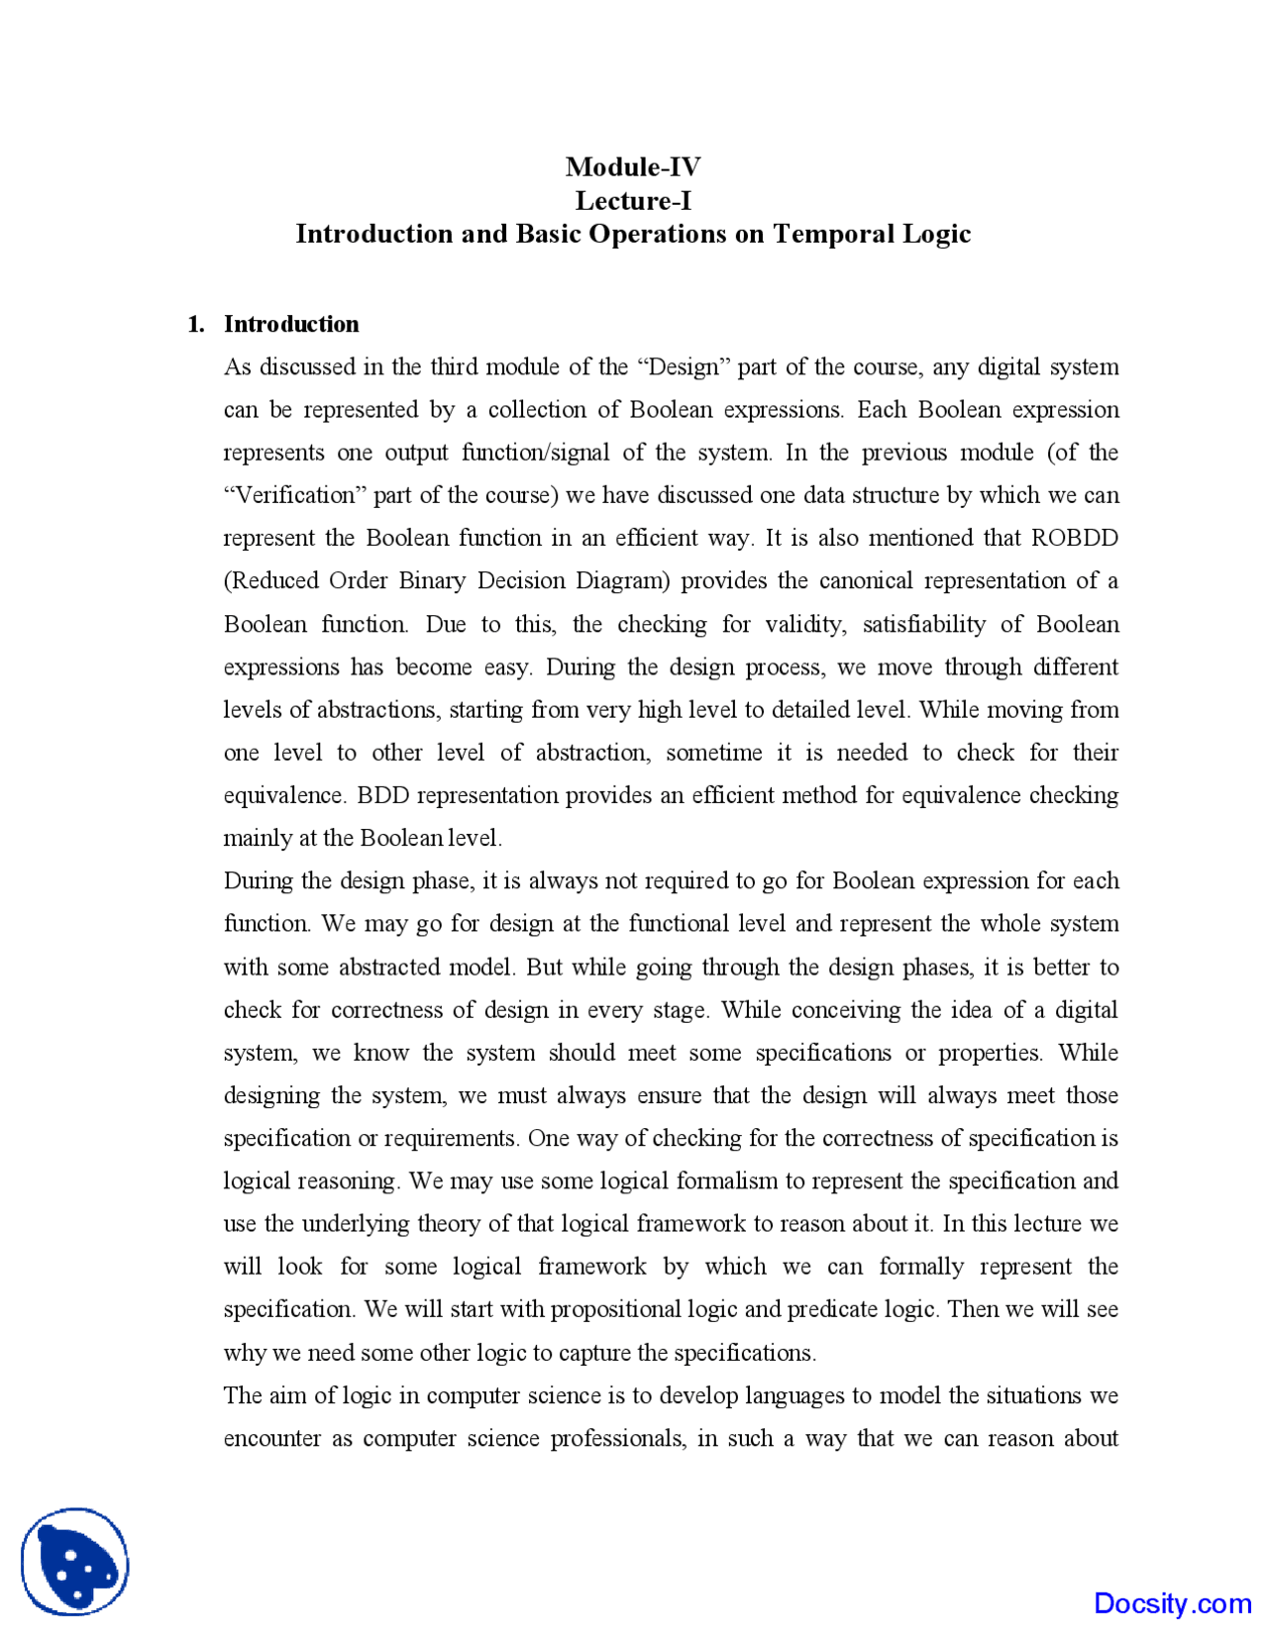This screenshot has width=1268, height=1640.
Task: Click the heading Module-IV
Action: coord(633,166)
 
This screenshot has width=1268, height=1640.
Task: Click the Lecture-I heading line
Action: coord(633,201)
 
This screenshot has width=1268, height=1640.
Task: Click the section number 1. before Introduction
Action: coord(196,324)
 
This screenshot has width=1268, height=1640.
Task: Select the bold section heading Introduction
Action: coord(291,324)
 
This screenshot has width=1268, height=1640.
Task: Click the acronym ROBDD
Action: coord(1074,538)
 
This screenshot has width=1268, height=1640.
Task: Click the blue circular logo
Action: coord(75,1562)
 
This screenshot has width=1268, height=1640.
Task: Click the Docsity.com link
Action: coord(1172,1602)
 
